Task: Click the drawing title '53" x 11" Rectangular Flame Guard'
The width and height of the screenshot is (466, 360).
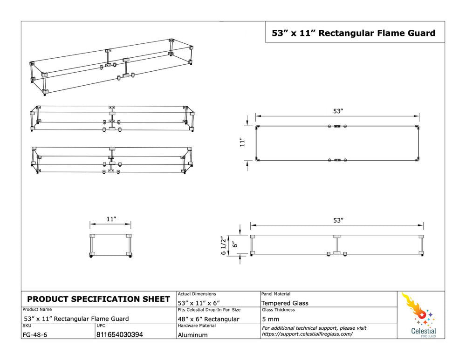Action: click(x=354, y=33)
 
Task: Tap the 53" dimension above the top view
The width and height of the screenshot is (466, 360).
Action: click(x=338, y=111)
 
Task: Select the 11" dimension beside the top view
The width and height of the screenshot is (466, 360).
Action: click(x=242, y=143)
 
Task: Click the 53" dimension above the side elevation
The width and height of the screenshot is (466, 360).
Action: click(x=338, y=220)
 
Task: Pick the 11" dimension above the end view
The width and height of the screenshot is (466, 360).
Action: click(x=110, y=218)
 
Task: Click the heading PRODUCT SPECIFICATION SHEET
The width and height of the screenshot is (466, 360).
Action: click(x=99, y=299)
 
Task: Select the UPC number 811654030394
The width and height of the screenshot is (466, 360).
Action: click(x=120, y=334)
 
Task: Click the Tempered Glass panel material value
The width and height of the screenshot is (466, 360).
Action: click(x=285, y=303)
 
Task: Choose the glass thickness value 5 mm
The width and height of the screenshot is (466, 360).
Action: click(x=271, y=319)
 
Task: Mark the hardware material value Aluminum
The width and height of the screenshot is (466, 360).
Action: click(x=192, y=334)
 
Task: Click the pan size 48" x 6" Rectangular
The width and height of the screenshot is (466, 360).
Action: click(x=208, y=319)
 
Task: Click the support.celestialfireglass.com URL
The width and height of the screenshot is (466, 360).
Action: click(x=308, y=334)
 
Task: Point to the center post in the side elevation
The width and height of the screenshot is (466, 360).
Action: click(x=336, y=244)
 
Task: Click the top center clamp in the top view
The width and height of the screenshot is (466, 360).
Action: click(x=337, y=126)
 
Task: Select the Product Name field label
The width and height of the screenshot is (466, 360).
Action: click(x=37, y=309)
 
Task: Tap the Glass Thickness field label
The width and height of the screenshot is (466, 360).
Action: click(x=278, y=310)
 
